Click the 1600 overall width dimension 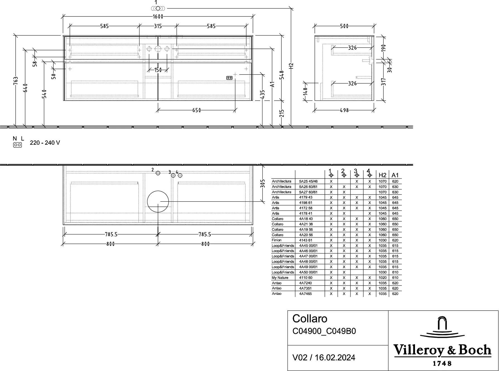click(x=158, y=17)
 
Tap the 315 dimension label click(x=158, y=26)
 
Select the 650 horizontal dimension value click(x=196, y=110)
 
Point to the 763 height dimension click(x=16, y=81)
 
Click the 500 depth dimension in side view click(x=344, y=26)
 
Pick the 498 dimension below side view click(x=344, y=110)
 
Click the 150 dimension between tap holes click(x=158, y=70)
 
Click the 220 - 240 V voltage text click(x=45, y=143)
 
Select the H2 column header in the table click(x=382, y=175)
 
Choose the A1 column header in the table click(x=395, y=175)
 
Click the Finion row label click(x=277, y=240)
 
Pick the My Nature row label click(x=280, y=278)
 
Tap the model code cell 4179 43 click(x=306, y=198)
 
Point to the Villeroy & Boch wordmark click(x=442, y=350)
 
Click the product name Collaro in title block click(x=310, y=319)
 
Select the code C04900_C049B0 click(x=324, y=331)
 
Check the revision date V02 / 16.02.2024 click(x=324, y=358)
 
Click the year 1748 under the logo click(x=442, y=363)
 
